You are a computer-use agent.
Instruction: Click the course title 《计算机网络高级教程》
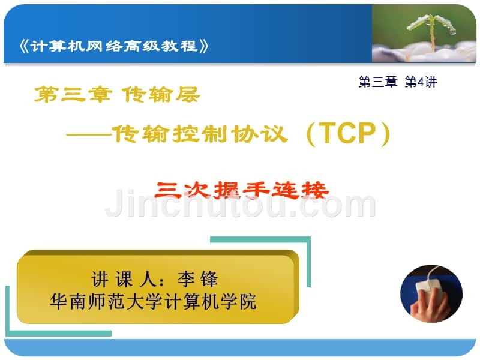click(114, 46)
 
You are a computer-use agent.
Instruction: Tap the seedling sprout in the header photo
click(431, 31)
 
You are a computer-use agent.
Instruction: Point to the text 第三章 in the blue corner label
click(378, 82)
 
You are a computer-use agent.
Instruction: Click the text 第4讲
click(421, 82)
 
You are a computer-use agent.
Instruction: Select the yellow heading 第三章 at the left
click(73, 94)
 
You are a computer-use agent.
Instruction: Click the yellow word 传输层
click(161, 94)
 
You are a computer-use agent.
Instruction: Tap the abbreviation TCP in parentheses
click(348, 133)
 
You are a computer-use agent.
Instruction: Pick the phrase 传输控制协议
click(200, 134)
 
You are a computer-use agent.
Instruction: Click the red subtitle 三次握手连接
click(242, 190)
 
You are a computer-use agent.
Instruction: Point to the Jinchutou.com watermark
click(241, 203)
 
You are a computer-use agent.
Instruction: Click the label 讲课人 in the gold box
click(124, 279)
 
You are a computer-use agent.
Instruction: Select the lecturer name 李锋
click(198, 279)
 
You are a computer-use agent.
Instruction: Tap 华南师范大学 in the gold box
click(106, 302)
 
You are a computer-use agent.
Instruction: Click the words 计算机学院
click(210, 302)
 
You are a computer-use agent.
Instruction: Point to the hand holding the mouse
click(432, 306)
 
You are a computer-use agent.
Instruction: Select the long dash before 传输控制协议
click(89, 134)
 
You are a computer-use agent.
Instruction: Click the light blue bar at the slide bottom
click(240, 347)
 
